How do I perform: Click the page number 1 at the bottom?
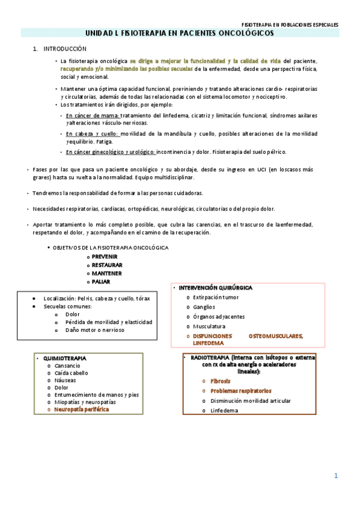[x=337, y=476]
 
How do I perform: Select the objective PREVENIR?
[x=105, y=256]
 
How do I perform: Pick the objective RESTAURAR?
[x=107, y=265]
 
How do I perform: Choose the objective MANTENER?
[x=106, y=273]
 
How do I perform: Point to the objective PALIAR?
[x=101, y=281]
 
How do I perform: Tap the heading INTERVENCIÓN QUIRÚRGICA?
[x=215, y=288]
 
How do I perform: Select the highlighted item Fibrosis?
[x=220, y=381]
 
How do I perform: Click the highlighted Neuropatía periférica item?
[x=82, y=409]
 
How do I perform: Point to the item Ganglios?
[x=204, y=307]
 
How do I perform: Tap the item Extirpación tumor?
[x=216, y=298]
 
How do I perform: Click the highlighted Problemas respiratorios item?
[x=240, y=391]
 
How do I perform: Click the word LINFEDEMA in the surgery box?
[x=208, y=343]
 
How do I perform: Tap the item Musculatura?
[x=209, y=326]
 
